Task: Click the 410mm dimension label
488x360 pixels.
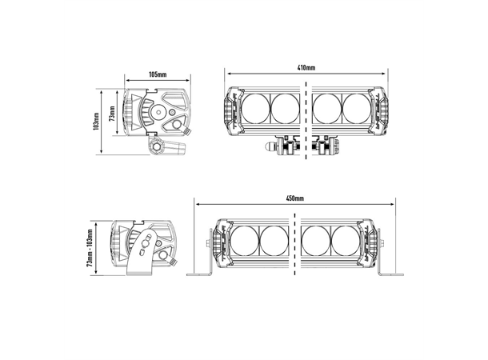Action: tap(306, 67)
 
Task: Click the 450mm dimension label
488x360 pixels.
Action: tap(295, 198)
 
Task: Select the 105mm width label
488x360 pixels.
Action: tap(158, 74)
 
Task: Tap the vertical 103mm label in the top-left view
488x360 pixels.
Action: tap(96, 122)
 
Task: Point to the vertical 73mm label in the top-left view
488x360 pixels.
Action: tap(112, 114)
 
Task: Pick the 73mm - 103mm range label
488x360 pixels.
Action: tap(90, 248)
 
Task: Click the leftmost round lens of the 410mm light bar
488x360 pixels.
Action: tap(255, 108)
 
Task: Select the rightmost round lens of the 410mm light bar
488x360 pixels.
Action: tap(357, 108)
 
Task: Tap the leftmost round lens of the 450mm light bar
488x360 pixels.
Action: tap(244, 241)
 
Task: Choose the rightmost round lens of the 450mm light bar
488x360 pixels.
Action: tap(346, 241)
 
